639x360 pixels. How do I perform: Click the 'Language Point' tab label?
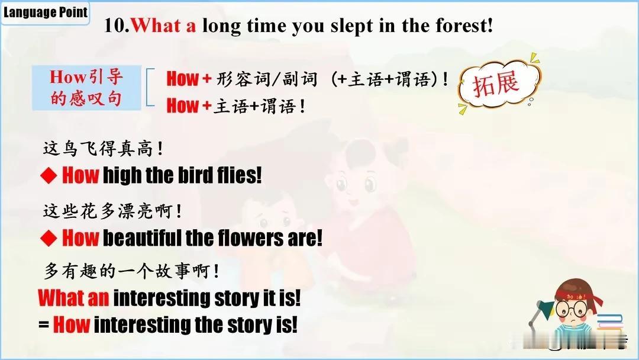coord(45,12)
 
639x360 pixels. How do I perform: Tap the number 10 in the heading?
coord(115,25)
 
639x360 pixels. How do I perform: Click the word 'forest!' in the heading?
coord(464,25)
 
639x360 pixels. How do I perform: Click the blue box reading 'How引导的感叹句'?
coord(86,88)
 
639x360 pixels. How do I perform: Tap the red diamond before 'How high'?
coord(49,175)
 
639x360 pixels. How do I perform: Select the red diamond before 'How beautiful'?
coord(49,237)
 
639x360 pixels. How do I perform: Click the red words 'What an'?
coord(74,298)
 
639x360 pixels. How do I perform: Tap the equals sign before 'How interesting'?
coord(44,325)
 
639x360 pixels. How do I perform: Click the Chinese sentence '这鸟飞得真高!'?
coord(103,149)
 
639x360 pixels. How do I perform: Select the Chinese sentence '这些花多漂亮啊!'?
coord(112,211)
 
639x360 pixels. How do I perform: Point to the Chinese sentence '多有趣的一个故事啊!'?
coord(131,271)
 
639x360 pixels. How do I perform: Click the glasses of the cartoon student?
coord(573,310)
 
